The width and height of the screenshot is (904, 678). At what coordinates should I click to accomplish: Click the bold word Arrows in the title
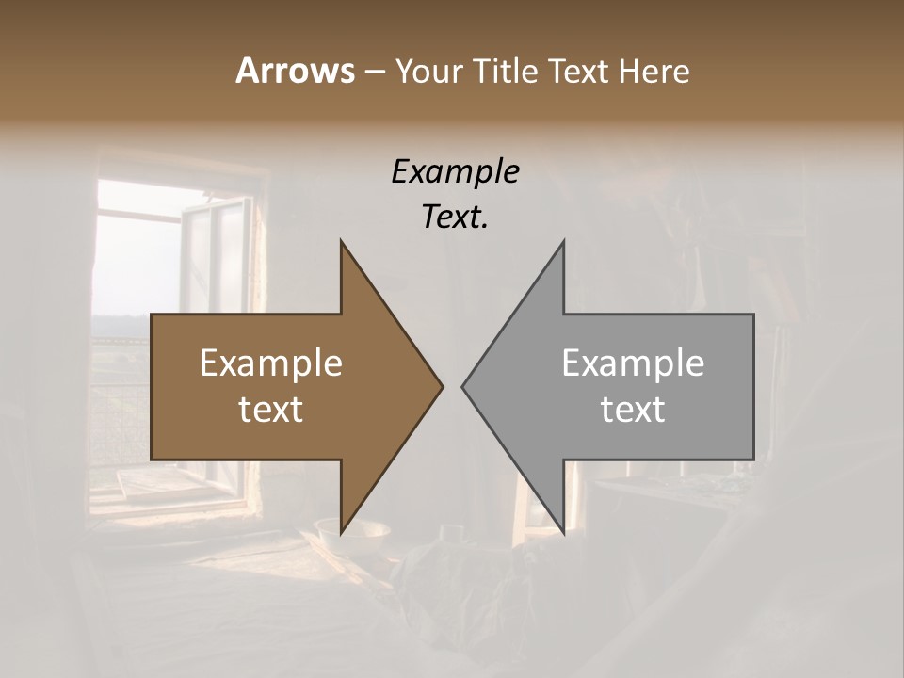point(295,71)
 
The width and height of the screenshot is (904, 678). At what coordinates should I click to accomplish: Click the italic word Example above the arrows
point(455,172)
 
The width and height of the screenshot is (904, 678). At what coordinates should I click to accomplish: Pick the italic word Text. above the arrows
point(455,217)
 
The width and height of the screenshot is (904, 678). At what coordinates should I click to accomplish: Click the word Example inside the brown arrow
point(271,363)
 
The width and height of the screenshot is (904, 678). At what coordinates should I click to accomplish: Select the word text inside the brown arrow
point(271,409)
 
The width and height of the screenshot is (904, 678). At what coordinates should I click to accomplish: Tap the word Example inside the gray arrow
point(633,363)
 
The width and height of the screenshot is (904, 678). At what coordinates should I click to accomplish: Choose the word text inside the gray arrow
point(633,409)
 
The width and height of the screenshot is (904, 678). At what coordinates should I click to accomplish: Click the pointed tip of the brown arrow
point(442,386)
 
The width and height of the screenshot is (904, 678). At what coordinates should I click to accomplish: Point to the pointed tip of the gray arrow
point(463,386)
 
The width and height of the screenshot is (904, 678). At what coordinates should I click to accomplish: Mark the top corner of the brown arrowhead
point(342,242)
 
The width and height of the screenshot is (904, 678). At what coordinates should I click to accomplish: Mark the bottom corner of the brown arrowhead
point(342,533)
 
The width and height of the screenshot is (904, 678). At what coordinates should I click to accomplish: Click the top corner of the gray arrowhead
point(563,242)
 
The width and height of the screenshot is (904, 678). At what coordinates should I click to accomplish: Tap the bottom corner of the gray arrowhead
point(563,533)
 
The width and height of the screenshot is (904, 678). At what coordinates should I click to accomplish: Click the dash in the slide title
point(374,72)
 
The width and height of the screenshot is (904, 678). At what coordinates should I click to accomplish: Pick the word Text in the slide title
point(579,71)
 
